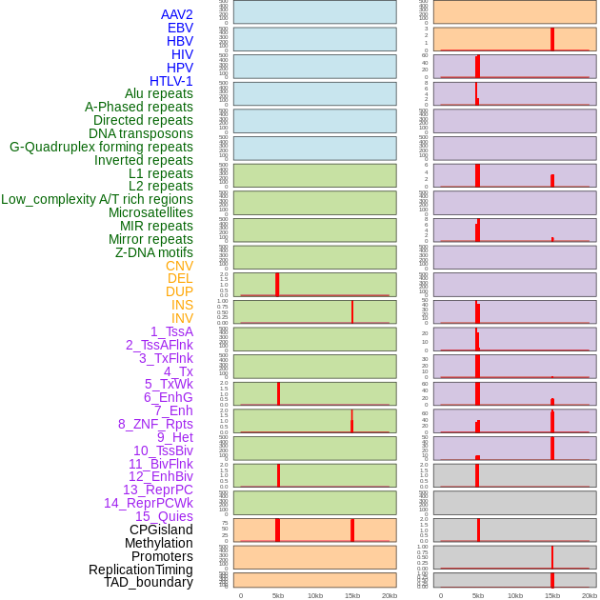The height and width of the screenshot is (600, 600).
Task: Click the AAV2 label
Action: tap(176, 14)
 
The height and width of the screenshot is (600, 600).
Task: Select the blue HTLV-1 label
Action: tap(170, 81)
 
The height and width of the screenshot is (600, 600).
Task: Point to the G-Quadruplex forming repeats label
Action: tap(101, 147)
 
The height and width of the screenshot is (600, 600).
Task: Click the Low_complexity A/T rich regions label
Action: tap(97, 199)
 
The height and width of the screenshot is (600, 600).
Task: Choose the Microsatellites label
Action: tap(150, 212)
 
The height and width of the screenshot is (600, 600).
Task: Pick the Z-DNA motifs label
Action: tap(154, 252)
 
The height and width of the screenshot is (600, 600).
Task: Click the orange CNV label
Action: tap(179, 266)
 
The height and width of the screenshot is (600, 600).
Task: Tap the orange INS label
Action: tap(182, 305)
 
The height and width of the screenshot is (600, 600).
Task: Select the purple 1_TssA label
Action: tap(171, 331)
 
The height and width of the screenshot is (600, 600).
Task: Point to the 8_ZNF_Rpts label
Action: tap(155, 424)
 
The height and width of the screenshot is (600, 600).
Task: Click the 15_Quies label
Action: tap(164, 516)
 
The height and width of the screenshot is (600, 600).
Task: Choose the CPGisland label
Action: tap(161, 530)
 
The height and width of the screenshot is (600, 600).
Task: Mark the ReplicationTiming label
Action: tap(141, 570)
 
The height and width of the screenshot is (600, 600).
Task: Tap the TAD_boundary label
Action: tap(149, 582)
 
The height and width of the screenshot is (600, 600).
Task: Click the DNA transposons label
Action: tap(141, 133)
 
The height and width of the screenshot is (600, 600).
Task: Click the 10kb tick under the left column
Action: tap(315, 595)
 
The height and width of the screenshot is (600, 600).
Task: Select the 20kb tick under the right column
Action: tap(590, 595)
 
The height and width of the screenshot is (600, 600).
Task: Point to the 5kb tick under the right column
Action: tap(478, 595)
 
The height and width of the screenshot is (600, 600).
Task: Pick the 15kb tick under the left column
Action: tap(352, 595)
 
